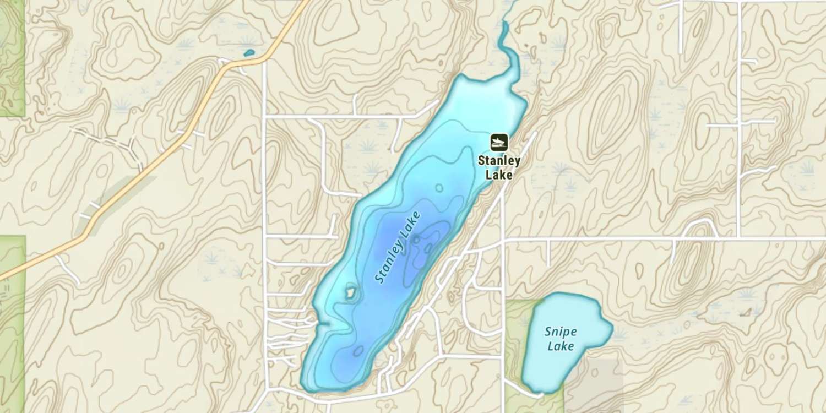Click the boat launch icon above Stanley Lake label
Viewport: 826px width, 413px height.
(x=499, y=143)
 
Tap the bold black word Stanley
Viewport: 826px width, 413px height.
(x=499, y=161)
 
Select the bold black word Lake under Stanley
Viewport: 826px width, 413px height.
(x=499, y=175)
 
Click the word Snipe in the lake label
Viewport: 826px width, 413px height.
(x=561, y=332)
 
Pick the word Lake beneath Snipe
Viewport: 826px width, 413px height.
(x=561, y=346)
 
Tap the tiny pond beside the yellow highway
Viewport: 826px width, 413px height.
(x=249, y=53)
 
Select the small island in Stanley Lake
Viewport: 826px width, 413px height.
(x=349, y=292)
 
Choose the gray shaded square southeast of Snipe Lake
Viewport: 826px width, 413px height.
(x=595, y=385)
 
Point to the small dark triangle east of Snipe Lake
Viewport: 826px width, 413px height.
(x=746, y=313)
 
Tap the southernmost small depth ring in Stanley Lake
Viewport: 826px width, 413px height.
(x=358, y=350)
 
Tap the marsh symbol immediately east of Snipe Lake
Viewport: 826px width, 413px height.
(x=619, y=334)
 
